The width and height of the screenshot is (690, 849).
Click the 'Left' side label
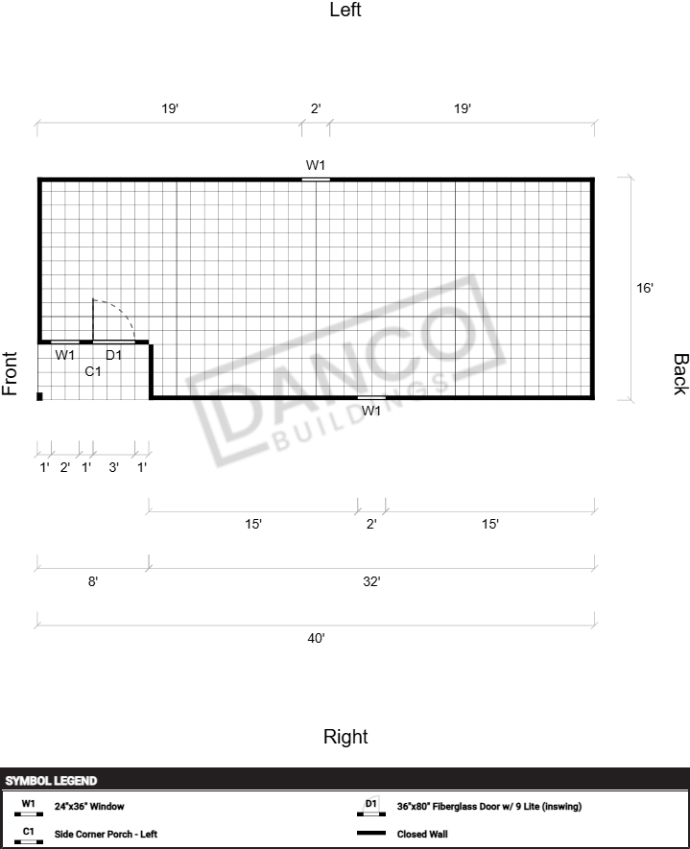[x=345, y=10]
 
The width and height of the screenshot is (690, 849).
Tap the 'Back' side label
[x=680, y=374]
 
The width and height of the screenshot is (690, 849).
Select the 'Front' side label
[x=10, y=373]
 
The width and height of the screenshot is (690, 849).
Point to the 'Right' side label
[x=345, y=737]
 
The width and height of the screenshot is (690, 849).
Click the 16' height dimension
[x=645, y=288]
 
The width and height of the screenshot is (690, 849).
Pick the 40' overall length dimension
[x=316, y=638]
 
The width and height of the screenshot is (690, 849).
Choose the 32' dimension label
[x=371, y=581]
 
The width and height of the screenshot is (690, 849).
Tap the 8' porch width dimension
[x=93, y=581]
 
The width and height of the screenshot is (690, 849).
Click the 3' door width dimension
[x=114, y=467]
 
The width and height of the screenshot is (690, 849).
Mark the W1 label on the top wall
[x=316, y=165]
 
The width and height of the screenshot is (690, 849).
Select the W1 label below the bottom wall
[x=371, y=411]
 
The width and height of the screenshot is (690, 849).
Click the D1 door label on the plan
[x=114, y=355]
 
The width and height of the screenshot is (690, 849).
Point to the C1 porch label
[x=93, y=371]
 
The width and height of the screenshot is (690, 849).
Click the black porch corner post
[x=39, y=396]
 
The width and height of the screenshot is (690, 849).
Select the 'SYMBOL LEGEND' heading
[x=51, y=781]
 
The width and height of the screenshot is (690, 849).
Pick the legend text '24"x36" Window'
[x=89, y=806]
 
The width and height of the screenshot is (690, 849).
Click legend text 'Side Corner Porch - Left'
[x=106, y=834]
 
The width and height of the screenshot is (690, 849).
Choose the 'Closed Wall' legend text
[x=422, y=834]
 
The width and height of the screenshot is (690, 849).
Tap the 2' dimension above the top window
[x=316, y=108]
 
